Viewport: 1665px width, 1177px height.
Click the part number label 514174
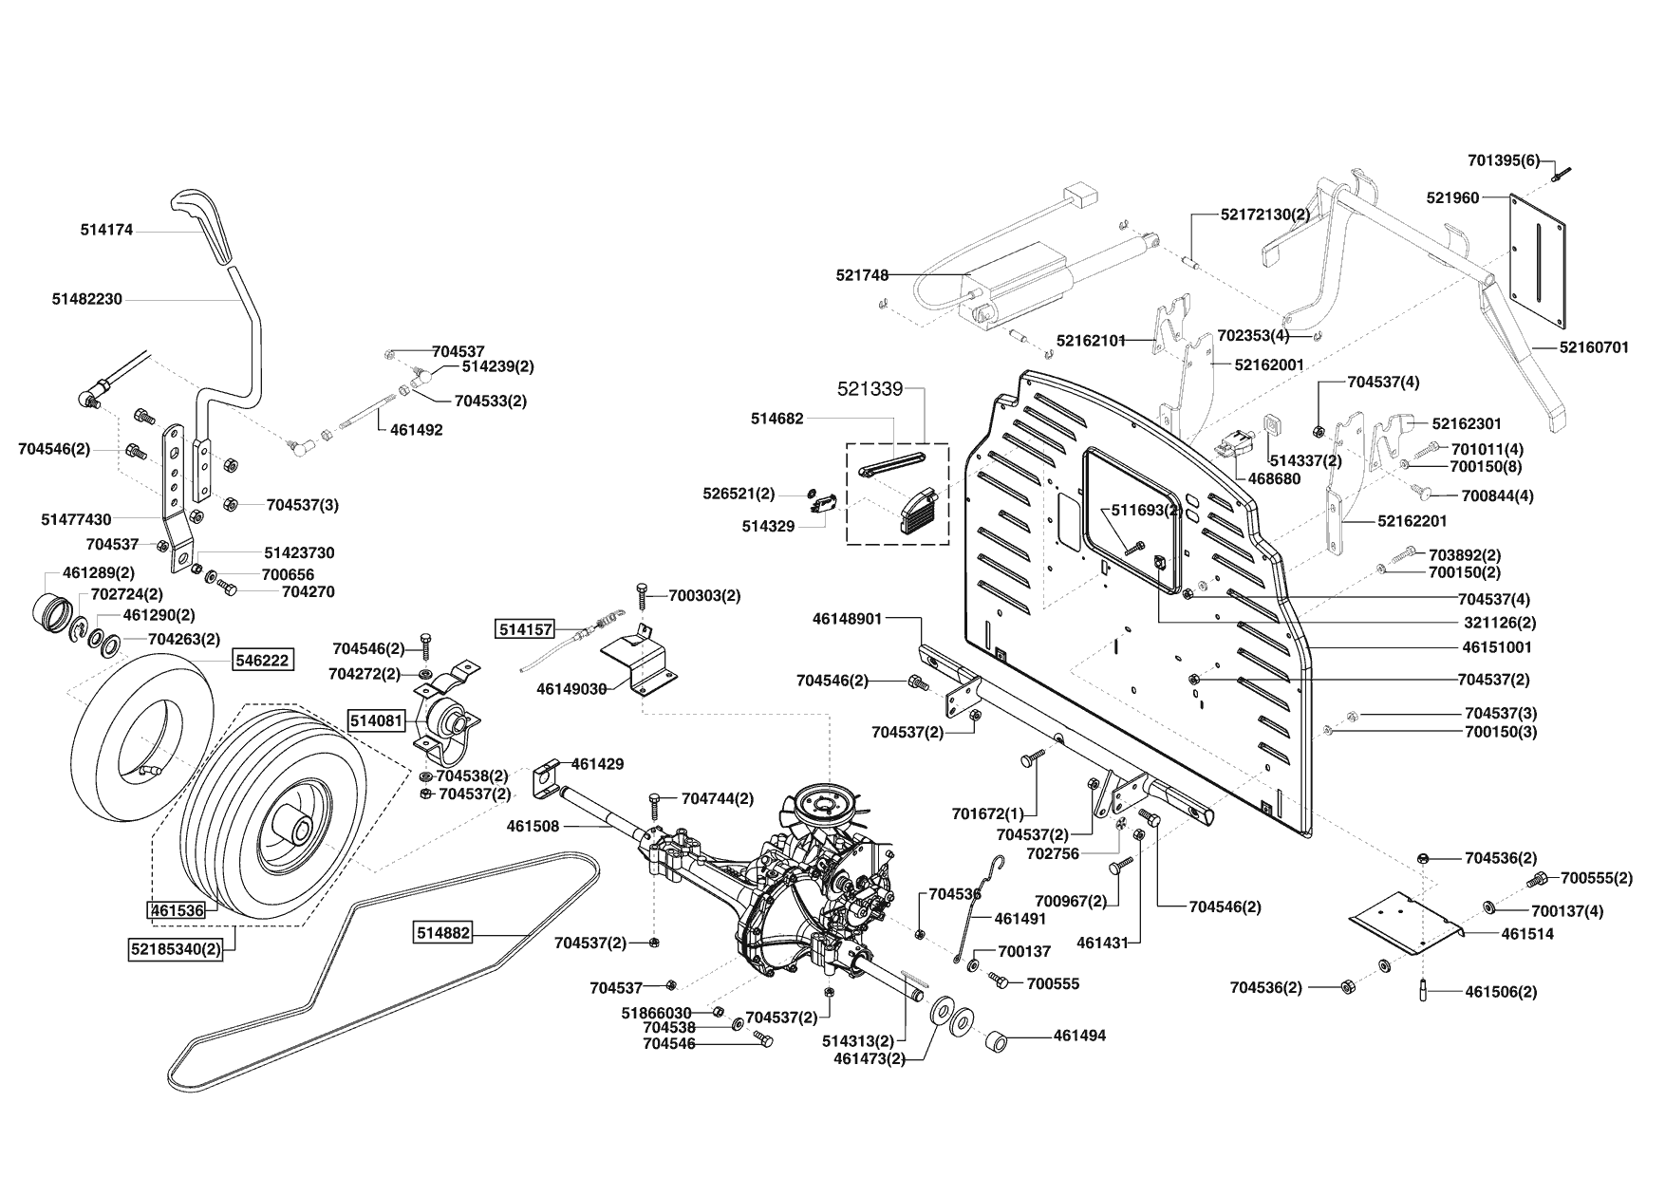[x=106, y=230]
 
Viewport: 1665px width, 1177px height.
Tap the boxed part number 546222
[x=263, y=660]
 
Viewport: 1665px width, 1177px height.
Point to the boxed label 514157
[x=523, y=629]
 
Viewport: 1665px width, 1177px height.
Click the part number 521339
[x=869, y=389]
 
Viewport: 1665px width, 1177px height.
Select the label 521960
[x=1452, y=197]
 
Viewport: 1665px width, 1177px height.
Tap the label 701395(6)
[x=1504, y=160]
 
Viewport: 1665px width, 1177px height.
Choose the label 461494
[x=1079, y=1036]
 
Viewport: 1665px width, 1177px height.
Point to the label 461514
[x=1527, y=934]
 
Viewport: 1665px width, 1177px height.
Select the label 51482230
[x=87, y=299]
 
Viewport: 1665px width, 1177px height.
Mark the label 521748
[x=862, y=275]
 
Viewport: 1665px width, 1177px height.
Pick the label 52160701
[x=1594, y=347]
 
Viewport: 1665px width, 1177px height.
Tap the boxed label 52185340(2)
[x=176, y=947]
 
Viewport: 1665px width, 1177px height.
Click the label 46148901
[x=848, y=619]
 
